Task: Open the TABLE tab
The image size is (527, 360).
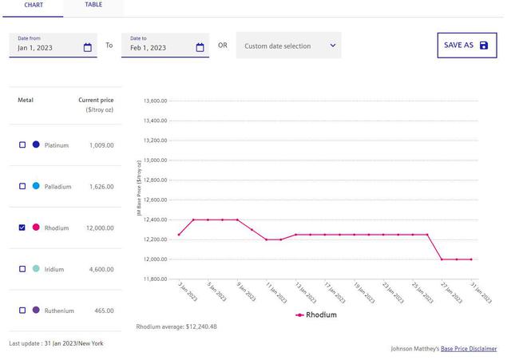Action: tap(93, 5)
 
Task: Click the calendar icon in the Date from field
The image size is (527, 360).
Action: tap(88, 48)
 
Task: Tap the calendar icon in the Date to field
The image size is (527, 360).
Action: tap(200, 48)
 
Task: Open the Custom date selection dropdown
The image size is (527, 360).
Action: tap(288, 45)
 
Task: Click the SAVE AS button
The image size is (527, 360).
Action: tap(466, 45)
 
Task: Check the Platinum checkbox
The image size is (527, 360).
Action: tap(22, 145)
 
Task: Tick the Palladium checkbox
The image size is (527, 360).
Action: tap(22, 186)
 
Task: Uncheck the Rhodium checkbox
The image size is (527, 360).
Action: tap(22, 227)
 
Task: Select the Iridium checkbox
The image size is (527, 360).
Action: tap(22, 269)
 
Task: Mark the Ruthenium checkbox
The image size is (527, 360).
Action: tap(22, 311)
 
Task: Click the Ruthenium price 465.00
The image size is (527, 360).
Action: tap(103, 311)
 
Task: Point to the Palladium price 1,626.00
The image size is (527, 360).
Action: tap(101, 187)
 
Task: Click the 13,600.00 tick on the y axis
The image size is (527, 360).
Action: tap(155, 101)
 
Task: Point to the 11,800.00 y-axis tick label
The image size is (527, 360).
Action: tap(155, 279)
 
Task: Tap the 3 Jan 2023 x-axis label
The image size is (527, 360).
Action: tap(187, 293)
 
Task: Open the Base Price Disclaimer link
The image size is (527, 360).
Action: tap(469, 349)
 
